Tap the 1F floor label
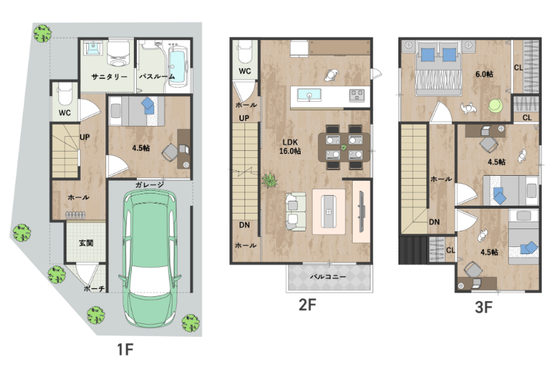click(x=125, y=350)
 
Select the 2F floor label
click(x=307, y=305)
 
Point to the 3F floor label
click(x=484, y=308)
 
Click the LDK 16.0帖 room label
click(x=290, y=147)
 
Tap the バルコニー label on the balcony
click(x=328, y=276)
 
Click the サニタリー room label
click(x=109, y=76)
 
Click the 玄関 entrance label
click(x=86, y=243)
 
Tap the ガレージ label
click(x=150, y=184)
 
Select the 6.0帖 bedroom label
click(x=485, y=74)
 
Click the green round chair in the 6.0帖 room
click(x=495, y=106)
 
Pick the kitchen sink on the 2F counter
click(x=309, y=95)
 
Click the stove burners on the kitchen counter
click(x=356, y=95)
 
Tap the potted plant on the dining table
click(x=343, y=147)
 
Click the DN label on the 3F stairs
click(x=434, y=222)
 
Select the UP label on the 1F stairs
click(x=85, y=137)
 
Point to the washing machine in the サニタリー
click(x=118, y=54)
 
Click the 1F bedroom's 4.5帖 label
click(x=141, y=148)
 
